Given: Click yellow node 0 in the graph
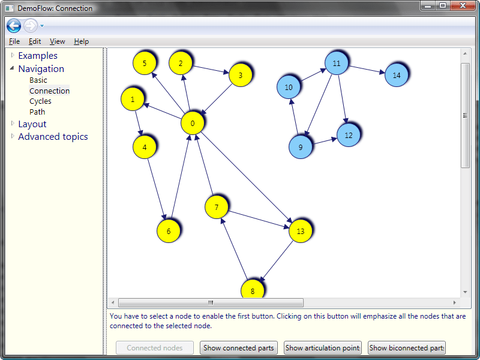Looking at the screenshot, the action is pyautogui.click(x=192, y=123).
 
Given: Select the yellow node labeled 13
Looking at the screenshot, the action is pyautogui.click(x=301, y=231).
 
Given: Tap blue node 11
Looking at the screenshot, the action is pyautogui.click(x=337, y=63).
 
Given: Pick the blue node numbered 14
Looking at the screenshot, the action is pyautogui.click(x=397, y=75).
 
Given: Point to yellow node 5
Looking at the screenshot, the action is pyautogui.click(x=145, y=63).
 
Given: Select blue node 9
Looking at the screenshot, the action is pyautogui.click(x=301, y=147).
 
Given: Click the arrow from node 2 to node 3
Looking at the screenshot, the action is pyautogui.click(x=211, y=69).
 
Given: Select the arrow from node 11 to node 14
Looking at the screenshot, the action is pyautogui.click(x=367, y=69).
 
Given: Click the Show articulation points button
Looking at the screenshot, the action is pyautogui.click(x=323, y=348).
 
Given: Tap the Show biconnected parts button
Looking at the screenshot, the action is pyautogui.click(x=407, y=348).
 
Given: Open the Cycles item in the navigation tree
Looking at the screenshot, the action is pyautogui.click(x=40, y=101).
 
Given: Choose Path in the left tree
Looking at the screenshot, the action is pyautogui.click(x=37, y=112).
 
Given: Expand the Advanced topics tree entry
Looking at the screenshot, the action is pyautogui.click(x=53, y=137).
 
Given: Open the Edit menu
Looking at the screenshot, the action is pyautogui.click(x=35, y=41).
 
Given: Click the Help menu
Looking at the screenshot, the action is pyautogui.click(x=82, y=41).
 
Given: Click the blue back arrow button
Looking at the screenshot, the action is pyautogui.click(x=14, y=26).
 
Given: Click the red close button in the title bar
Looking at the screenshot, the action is pyautogui.click(x=463, y=6).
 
